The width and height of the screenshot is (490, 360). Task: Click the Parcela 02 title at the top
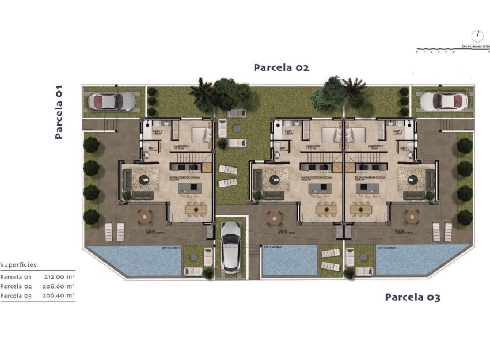click(x=282, y=67)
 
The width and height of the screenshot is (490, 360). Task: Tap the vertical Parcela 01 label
click(x=59, y=112)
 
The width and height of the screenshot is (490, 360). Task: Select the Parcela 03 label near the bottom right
click(x=412, y=297)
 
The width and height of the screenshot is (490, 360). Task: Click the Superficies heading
click(x=18, y=265)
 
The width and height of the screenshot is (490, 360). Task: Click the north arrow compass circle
click(x=477, y=36)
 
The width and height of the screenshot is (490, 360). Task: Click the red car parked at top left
click(x=111, y=101)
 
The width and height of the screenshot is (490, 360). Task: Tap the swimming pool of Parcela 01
click(x=134, y=261)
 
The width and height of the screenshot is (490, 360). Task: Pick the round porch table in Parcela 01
click(x=145, y=218)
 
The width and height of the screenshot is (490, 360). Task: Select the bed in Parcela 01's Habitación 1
click(x=198, y=136)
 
